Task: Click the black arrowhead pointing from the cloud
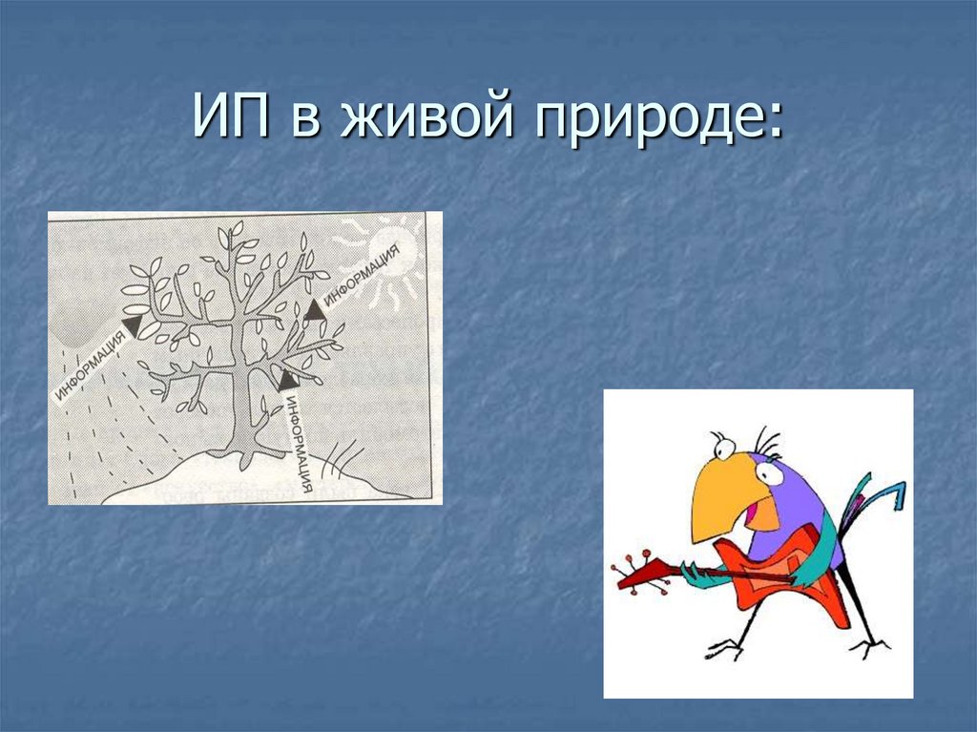[130, 326]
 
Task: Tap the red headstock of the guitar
[635, 572]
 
